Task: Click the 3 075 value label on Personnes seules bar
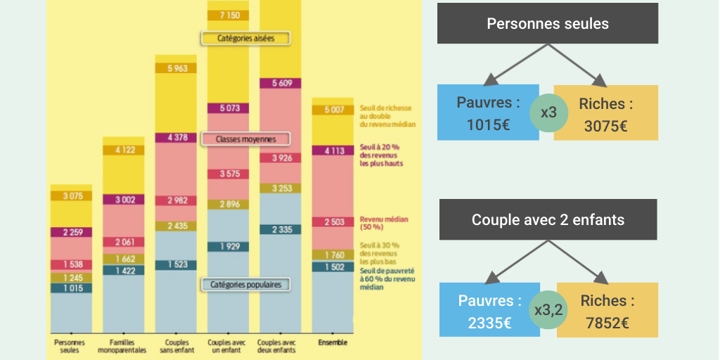(x=71, y=195)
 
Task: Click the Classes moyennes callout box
(x=246, y=139)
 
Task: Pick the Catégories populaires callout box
(x=246, y=285)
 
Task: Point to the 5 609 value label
(x=281, y=83)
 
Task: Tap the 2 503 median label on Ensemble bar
(x=333, y=222)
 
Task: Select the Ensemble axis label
(x=333, y=343)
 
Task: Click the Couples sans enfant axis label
(x=175, y=346)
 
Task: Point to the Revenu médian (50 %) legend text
(x=384, y=222)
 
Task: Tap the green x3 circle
(x=549, y=112)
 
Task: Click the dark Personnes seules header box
(x=548, y=24)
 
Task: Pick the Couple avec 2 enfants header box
(x=548, y=219)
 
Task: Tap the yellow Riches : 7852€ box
(x=607, y=310)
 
